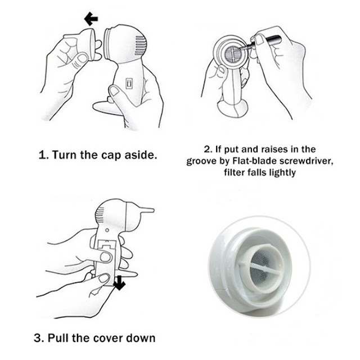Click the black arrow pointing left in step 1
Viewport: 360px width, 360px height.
pos(91,19)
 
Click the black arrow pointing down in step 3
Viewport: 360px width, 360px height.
pos(119,283)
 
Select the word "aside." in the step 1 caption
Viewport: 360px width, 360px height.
pos(141,155)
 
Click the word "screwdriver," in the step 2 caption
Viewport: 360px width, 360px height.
pos(306,161)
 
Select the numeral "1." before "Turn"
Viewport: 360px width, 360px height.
pos(44,155)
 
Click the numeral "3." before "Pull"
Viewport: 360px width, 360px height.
pos(39,338)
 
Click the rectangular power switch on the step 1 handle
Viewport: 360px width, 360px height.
pos(129,83)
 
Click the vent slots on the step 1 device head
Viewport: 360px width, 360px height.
pos(140,46)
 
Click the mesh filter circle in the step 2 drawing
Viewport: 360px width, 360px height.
pos(233,54)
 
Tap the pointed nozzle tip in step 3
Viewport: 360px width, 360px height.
pos(147,210)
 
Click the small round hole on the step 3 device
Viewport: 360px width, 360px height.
pos(107,230)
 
